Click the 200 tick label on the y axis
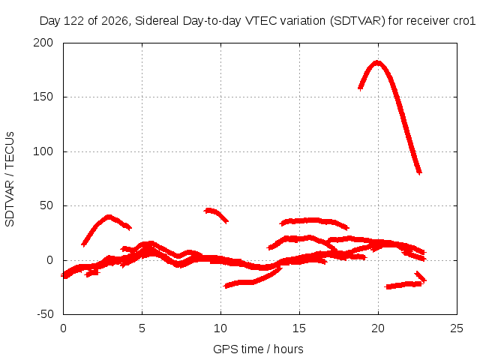coord(43,43)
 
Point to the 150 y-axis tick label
coord(43,97)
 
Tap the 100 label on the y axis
coord(43,151)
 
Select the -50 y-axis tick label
coord(45,314)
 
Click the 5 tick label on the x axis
coord(142,328)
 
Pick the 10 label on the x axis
coord(220,328)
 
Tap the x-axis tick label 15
coord(299,328)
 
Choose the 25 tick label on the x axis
coord(457,328)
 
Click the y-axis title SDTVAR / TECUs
coord(10,179)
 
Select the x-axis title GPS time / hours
coord(258,349)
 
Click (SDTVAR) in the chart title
coord(357,21)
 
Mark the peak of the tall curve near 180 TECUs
coord(377,63)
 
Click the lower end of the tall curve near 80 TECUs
coord(419,172)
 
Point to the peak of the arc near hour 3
coord(109,217)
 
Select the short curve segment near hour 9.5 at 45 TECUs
coord(216,214)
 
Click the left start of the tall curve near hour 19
coord(361,88)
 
